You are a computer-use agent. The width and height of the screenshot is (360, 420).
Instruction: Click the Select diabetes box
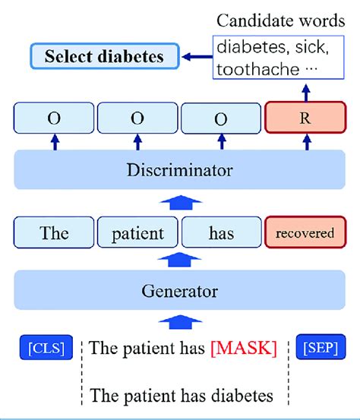pyautogui.click(x=105, y=56)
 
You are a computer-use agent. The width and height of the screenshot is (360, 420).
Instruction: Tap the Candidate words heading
pyautogui.click(x=281, y=21)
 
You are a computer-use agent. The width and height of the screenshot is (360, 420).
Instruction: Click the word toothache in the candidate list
pyautogui.click(x=258, y=69)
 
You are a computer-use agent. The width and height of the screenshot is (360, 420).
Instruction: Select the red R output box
pyautogui.click(x=305, y=118)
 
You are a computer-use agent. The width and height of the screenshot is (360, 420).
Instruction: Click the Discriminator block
pyautogui.click(x=179, y=169)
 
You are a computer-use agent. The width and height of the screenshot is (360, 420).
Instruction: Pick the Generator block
pyautogui.click(x=179, y=290)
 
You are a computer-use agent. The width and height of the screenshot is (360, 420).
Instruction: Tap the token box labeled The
pyautogui.click(x=54, y=232)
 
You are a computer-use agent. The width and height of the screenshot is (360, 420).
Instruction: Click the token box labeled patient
pyautogui.click(x=137, y=232)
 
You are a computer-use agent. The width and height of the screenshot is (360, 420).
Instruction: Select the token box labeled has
pyautogui.click(x=221, y=232)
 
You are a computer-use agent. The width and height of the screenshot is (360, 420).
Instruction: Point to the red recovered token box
pyautogui.click(x=305, y=232)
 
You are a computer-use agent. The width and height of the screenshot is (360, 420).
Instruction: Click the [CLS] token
pyautogui.click(x=46, y=347)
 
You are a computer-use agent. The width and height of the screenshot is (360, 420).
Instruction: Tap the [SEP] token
pyautogui.click(x=321, y=347)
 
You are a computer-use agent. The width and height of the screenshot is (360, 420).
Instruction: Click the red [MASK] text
pyautogui.click(x=244, y=348)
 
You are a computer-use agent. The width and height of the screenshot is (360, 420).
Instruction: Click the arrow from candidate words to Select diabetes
pyautogui.click(x=197, y=56)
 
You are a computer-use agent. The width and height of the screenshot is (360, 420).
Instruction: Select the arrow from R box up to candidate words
pyautogui.click(x=306, y=93)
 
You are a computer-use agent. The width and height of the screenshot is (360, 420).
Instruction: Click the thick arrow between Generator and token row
pyautogui.click(x=179, y=259)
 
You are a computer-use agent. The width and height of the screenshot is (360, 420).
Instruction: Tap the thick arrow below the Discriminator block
pyautogui.click(x=180, y=202)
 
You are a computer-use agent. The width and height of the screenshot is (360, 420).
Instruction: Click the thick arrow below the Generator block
pyautogui.click(x=180, y=322)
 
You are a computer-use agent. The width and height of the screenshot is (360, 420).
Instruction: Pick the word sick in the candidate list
pyautogui.click(x=312, y=47)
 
